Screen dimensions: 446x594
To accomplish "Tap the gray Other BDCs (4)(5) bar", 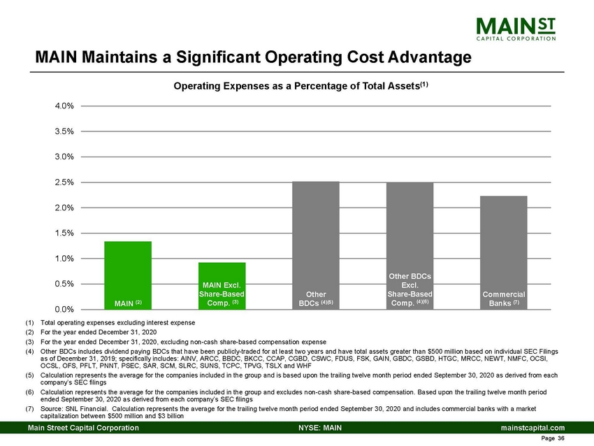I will [x=315, y=245].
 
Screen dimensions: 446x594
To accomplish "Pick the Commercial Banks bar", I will [x=503, y=252].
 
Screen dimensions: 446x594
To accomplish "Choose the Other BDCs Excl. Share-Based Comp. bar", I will [x=410, y=245].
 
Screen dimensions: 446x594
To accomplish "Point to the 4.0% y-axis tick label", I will [x=65, y=106].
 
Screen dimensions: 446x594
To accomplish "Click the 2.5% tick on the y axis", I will [x=65, y=182].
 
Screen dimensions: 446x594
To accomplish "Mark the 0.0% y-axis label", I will [x=65, y=309].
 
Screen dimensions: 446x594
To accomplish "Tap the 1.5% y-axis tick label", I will [x=65, y=233].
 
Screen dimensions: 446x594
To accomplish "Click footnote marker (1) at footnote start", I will [x=29, y=322].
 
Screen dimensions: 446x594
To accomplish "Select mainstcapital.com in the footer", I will [x=533, y=427].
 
